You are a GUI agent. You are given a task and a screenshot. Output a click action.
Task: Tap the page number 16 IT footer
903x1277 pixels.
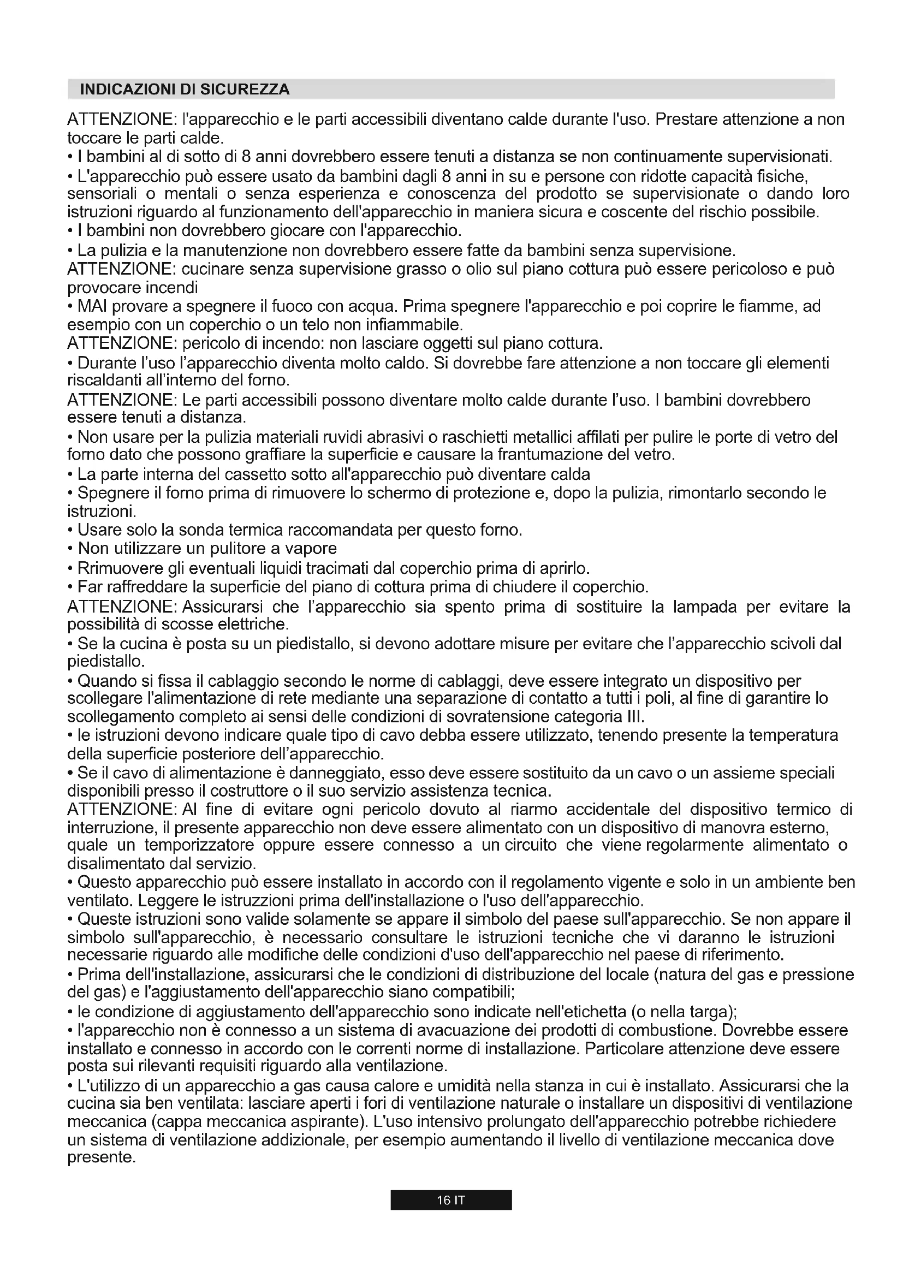[x=451, y=1199]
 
